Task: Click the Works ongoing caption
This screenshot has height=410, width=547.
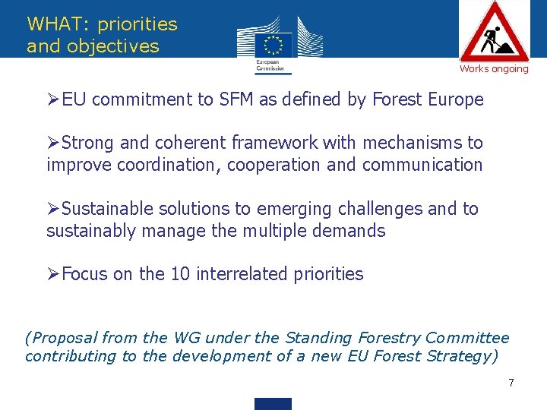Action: [494, 69]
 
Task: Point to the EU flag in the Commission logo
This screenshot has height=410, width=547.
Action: [273, 43]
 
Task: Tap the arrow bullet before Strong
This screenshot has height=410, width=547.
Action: [53, 143]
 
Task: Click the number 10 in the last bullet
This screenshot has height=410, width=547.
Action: [180, 274]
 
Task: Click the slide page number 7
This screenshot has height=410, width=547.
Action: [511, 383]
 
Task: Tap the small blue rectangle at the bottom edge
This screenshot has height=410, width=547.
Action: [273, 404]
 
